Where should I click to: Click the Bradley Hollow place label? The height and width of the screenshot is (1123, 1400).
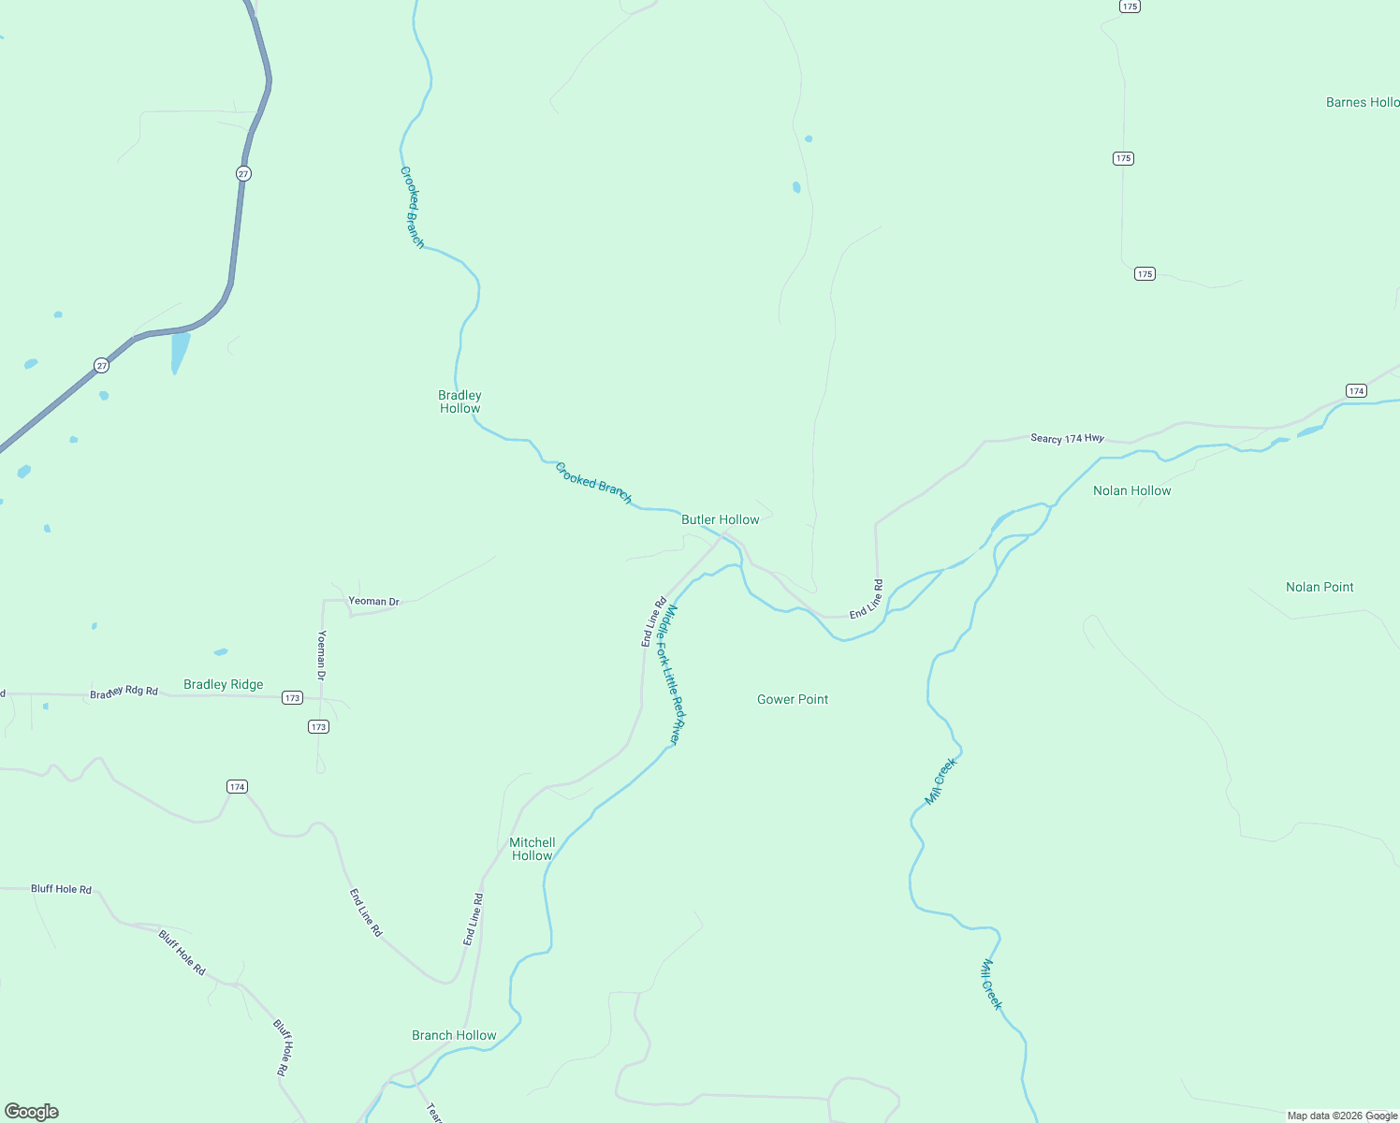[x=459, y=401]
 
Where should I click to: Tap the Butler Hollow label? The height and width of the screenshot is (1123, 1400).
[x=720, y=519]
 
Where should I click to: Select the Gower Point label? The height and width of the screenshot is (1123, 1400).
[x=793, y=699]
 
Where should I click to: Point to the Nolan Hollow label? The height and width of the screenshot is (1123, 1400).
[x=1131, y=490]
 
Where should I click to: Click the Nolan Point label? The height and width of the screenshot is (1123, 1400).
[x=1320, y=587]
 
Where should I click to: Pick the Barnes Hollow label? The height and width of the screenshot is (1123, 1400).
[x=1362, y=102]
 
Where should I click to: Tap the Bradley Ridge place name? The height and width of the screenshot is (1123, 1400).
[x=223, y=684]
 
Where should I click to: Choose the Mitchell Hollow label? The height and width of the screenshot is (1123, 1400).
[x=532, y=849]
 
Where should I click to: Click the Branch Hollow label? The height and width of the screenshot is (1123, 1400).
[x=454, y=1035]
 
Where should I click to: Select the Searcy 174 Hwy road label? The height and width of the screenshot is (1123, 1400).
[x=1067, y=438]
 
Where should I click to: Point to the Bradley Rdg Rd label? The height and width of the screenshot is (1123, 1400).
[x=124, y=693]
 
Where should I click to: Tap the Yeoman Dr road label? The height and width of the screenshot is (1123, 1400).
[x=373, y=602]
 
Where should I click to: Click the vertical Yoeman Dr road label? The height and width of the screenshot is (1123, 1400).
[x=322, y=655]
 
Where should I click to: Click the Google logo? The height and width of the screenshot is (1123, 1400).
[x=32, y=1112]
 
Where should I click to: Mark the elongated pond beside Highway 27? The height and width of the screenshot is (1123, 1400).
[x=180, y=352]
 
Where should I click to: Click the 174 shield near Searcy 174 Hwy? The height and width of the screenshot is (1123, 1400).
[x=1356, y=390]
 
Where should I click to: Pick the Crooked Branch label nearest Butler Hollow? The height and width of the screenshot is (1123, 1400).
[x=593, y=483]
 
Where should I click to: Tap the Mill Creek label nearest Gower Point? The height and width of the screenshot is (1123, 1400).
[x=941, y=780]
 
